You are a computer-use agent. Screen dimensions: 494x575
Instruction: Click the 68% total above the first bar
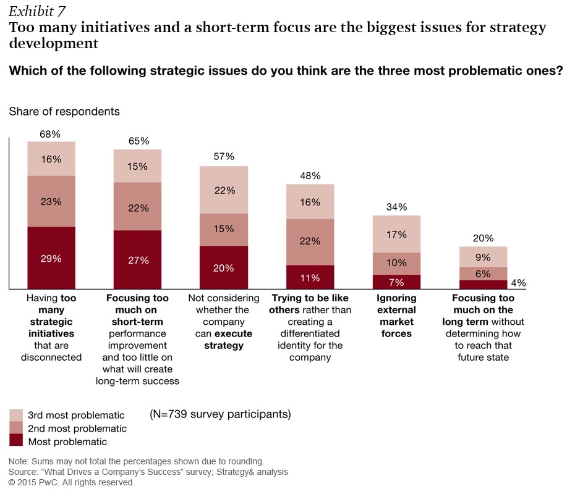pyautogui.click(x=51, y=133)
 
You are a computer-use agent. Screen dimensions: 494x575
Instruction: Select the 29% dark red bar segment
pyautogui.click(x=51, y=258)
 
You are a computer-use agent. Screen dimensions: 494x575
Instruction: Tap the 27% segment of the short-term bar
pyautogui.click(x=137, y=260)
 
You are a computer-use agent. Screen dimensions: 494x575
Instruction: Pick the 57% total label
pyautogui.click(x=223, y=157)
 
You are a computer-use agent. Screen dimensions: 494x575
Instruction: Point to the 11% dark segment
pyautogui.click(x=310, y=277)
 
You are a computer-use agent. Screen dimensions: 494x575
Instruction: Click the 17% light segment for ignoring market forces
pyautogui.click(x=396, y=234)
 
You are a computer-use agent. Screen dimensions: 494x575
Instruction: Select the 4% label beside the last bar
pyautogui.click(x=518, y=283)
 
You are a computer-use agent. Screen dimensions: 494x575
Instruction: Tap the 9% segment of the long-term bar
pyautogui.click(x=483, y=257)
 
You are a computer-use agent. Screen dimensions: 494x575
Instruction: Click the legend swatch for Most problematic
pyautogui.click(x=16, y=440)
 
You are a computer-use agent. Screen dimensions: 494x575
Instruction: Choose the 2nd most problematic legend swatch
pyautogui.click(x=16, y=427)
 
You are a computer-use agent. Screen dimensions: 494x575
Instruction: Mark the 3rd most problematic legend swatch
pyautogui.click(x=16, y=414)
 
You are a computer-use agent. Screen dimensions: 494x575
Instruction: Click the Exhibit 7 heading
pyautogui.click(x=37, y=10)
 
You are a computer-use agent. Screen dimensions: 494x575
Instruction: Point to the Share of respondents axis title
pyautogui.click(x=64, y=112)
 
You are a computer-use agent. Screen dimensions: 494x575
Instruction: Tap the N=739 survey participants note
pyautogui.click(x=220, y=414)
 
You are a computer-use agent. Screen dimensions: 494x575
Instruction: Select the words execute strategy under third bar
pyautogui.click(x=223, y=340)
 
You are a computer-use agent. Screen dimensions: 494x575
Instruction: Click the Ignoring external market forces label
pyautogui.click(x=396, y=316)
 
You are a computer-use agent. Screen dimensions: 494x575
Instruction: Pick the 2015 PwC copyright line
pyautogui.click(x=71, y=482)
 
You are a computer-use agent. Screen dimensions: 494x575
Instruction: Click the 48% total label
pyautogui.click(x=310, y=175)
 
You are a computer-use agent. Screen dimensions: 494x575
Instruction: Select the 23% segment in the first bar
pyautogui.click(x=51, y=201)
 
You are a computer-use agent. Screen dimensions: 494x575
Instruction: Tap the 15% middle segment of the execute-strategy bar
pyautogui.click(x=223, y=230)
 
